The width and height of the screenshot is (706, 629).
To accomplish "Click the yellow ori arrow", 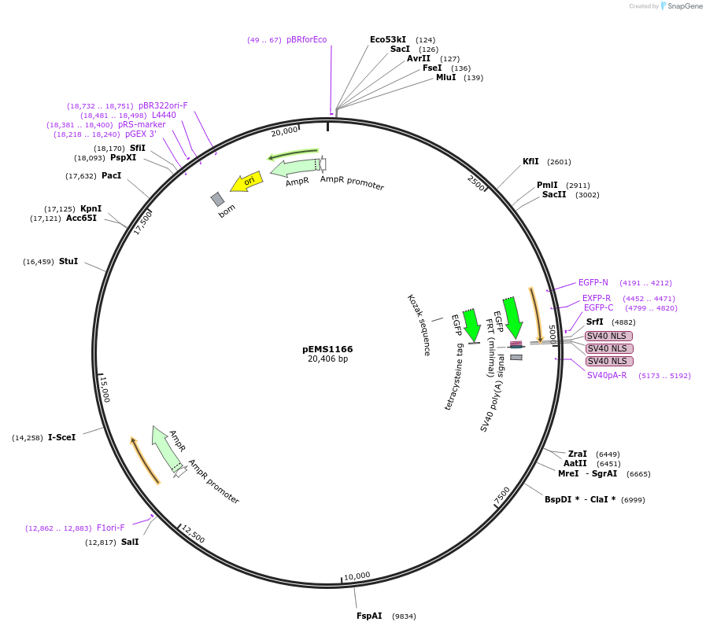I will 246,182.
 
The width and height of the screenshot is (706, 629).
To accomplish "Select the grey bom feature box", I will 218,200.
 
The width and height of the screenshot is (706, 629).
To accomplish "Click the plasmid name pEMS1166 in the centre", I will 327,349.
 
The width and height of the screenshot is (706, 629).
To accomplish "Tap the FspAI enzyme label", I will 369,616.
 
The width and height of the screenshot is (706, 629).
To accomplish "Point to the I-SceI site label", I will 62,437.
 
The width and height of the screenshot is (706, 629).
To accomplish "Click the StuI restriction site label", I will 68,261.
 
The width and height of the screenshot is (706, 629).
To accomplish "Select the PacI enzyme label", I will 112,175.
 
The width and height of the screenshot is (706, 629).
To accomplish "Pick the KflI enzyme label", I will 530,162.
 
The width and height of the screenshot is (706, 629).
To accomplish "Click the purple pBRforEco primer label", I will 306,39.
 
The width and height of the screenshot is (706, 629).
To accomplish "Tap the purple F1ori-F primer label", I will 111,528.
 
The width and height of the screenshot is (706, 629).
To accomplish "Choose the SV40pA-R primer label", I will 607,375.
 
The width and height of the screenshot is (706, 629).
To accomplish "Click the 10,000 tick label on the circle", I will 357,576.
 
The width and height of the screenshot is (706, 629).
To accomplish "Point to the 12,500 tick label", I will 193,535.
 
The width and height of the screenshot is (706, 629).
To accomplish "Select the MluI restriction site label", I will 445,77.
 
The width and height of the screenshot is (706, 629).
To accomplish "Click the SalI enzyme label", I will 130,542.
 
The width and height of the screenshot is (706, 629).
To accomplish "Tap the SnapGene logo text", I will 683,6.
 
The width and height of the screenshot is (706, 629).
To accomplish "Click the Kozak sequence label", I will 419,325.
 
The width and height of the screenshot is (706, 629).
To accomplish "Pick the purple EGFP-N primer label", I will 593,282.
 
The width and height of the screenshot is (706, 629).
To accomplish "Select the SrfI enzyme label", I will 595,322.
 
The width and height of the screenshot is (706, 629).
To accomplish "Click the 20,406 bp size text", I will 327,359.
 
